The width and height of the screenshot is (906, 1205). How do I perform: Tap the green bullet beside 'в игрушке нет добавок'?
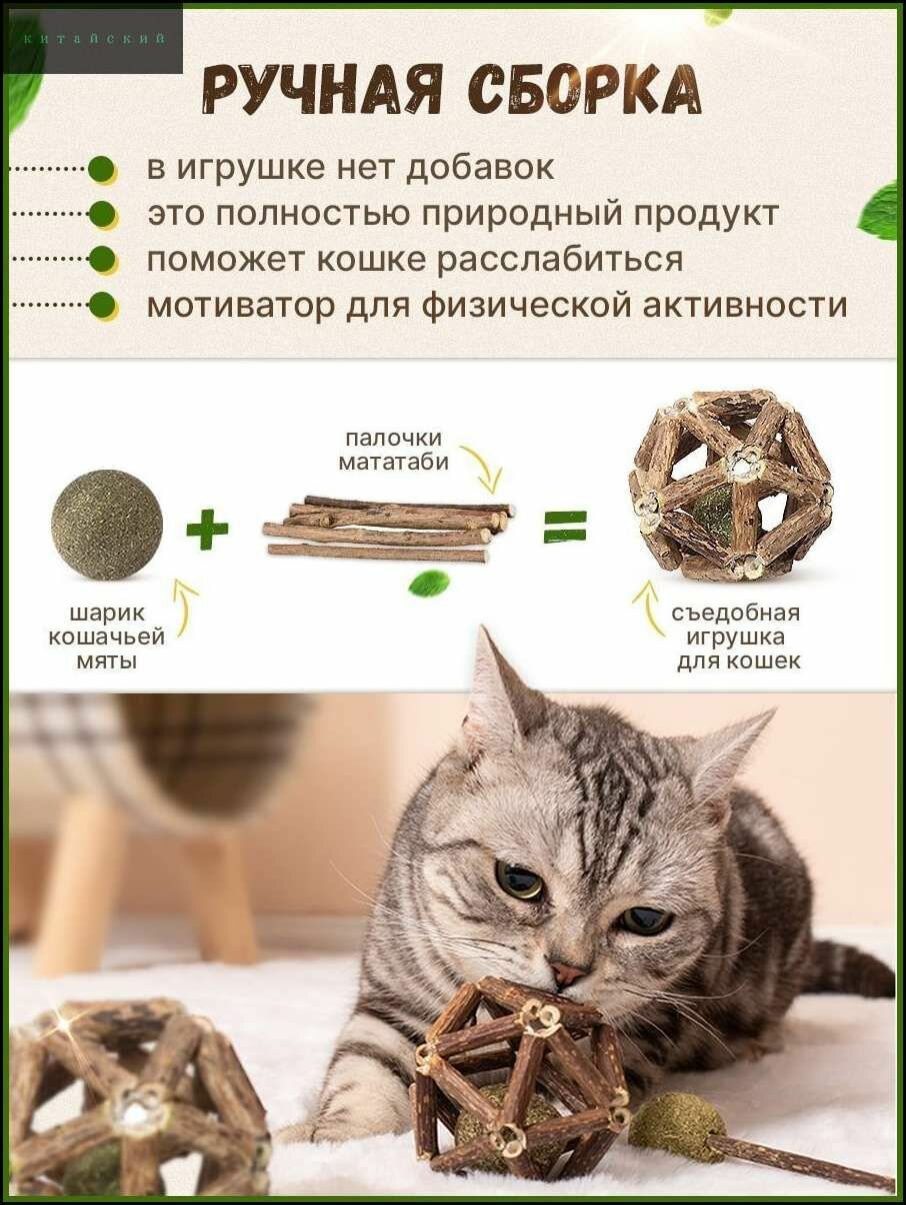pyautogui.click(x=102, y=170)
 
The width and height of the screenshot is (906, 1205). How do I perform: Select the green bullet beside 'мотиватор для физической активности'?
pyautogui.click(x=102, y=306)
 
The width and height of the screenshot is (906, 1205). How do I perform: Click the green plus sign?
pyautogui.click(x=207, y=529)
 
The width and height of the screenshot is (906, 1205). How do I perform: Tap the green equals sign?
pyautogui.click(x=565, y=527)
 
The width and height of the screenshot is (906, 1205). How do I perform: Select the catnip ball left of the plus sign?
pyautogui.click(x=106, y=526)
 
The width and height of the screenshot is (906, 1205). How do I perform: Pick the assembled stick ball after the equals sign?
pyautogui.click(x=731, y=486)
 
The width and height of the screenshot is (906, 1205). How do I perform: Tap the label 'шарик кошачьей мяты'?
pyautogui.click(x=106, y=636)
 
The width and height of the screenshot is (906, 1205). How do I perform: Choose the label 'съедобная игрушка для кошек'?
pyautogui.click(x=737, y=636)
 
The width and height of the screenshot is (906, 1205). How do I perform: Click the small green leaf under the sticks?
pyautogui.click(x=429, y=584)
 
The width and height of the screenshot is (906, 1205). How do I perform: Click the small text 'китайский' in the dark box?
pyautogui.click(x=94, y=39)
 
